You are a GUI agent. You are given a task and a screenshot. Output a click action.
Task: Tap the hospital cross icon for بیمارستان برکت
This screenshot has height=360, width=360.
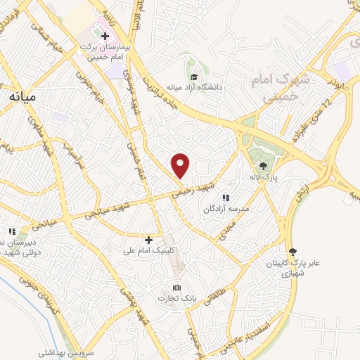[105, 35]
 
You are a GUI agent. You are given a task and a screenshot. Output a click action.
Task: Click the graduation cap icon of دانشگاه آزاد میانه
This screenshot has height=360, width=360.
[193, 77]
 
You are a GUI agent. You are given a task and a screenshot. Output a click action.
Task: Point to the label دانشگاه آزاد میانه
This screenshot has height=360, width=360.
[194, 88]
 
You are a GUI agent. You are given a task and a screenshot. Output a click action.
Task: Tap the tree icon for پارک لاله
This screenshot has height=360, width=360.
[263, 167]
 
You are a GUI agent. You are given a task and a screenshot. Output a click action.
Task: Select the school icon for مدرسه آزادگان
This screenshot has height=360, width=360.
[226, 198]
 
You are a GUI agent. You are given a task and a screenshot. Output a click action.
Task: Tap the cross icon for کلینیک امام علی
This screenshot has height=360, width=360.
[148, 240]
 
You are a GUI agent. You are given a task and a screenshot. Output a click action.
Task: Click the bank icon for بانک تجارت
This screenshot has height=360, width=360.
[176, 288]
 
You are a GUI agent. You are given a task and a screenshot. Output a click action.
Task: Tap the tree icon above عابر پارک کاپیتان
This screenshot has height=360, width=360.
[292, 252]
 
